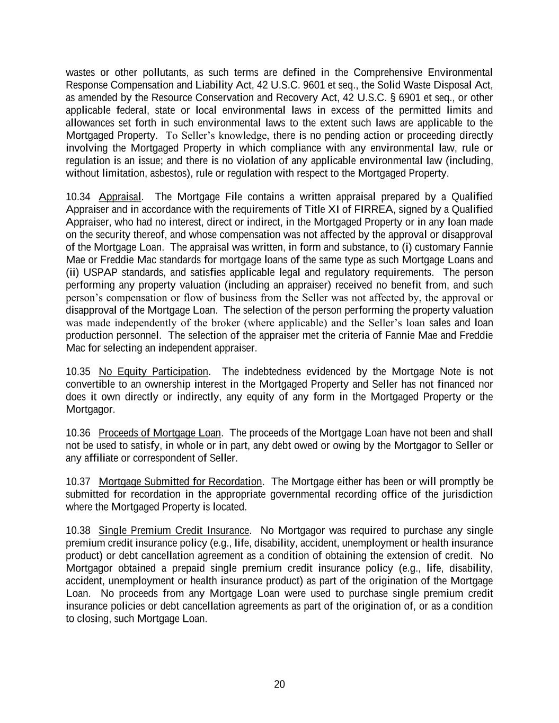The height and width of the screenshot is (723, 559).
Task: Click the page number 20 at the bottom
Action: tap(279, 684)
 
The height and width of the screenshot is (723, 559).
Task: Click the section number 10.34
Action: tap(78, 197)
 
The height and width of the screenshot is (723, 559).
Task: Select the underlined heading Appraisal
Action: tap(120, 197)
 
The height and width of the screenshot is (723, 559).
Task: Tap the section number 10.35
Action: tap(78, 372)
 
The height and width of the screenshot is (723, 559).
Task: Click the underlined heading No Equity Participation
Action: tap(153, 372)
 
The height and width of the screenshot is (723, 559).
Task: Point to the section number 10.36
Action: tap(78, 433)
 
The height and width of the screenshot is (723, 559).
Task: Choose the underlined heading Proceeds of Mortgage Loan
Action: tap(159, 433)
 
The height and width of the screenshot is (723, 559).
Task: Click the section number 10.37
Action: tap(78, 482)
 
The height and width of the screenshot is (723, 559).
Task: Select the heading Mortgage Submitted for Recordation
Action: tap(180, 482)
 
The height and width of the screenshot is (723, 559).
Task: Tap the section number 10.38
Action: tap(78, 531)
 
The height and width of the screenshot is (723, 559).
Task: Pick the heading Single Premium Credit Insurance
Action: tap(174, 531)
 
